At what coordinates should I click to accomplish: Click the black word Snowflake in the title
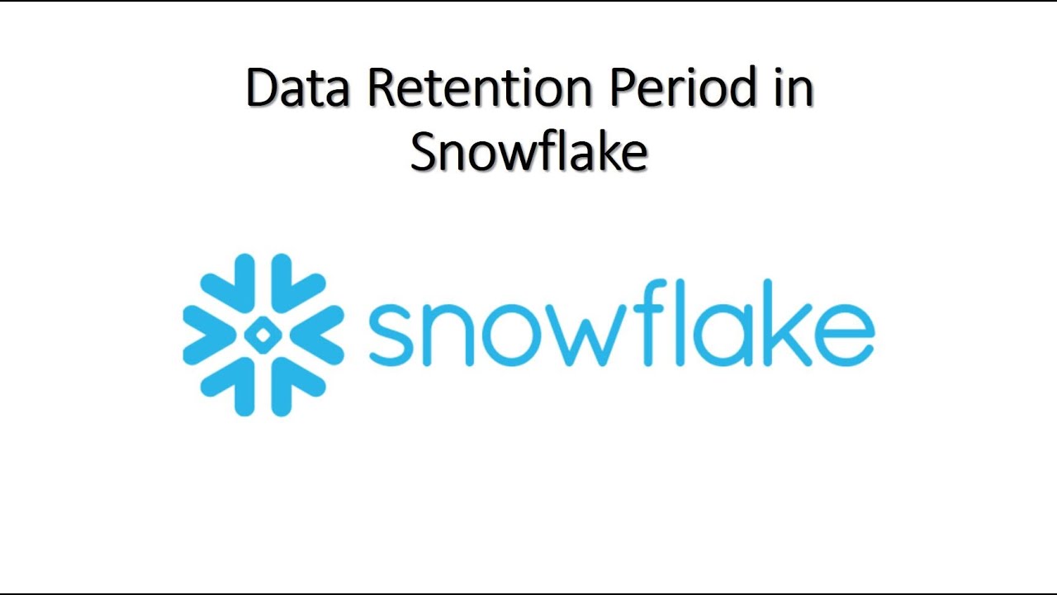tap(528, 152)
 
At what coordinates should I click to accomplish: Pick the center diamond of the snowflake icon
tap(263, 335)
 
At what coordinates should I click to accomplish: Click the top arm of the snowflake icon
tap(263, 277)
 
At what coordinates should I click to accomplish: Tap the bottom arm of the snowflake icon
tap(263, 393)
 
